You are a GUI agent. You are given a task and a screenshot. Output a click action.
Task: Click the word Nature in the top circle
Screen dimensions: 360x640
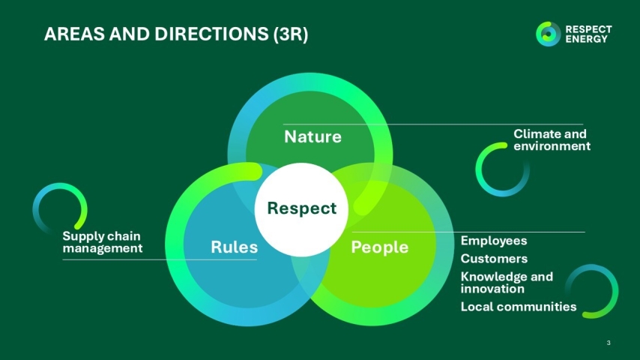(313, 136)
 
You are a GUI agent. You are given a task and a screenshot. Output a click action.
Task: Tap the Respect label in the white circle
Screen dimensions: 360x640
(302, 208)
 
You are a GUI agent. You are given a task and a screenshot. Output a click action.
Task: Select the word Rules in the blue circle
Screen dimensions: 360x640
(234, 247)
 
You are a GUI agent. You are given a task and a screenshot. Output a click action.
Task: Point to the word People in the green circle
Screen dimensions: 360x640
(380, 247)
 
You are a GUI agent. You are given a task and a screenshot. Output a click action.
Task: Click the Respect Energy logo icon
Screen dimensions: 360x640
(548, 34)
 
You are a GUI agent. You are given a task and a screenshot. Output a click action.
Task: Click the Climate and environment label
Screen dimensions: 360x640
(552, 139)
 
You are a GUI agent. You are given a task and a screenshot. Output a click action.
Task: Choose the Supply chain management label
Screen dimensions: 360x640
(102, 241)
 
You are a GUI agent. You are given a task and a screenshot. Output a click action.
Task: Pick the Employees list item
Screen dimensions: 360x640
(494, 241)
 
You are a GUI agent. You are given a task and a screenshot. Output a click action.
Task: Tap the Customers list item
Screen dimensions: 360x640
(494, 259)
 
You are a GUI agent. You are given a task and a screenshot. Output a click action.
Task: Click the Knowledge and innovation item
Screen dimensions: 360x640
(507, 282)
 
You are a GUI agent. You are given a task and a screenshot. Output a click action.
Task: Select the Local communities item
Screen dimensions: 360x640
(519, 306)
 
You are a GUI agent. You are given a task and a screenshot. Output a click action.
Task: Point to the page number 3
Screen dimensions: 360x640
(609, 343)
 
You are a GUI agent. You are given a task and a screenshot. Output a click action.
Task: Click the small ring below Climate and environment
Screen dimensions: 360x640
(503, 169)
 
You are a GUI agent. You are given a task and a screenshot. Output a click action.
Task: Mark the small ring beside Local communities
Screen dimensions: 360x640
(591, 291)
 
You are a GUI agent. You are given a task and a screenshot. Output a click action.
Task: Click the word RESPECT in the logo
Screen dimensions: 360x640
(588, 29)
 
